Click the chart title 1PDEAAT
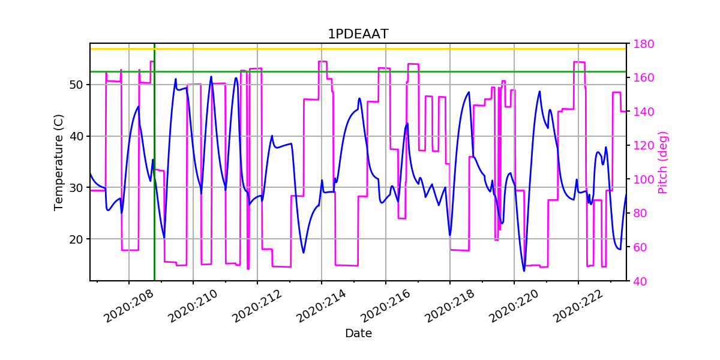pyautogui.click(x=358, y=34)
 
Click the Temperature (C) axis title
pyautogui.click(x=58, y=162)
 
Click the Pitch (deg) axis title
pyautogui.click(x=662, y=162)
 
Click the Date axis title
pyautogui.click(x=358, y=334)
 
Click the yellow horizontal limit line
pyautogui.click(x=360, y=49)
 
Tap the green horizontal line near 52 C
pyautogui.click(x=360, y=71)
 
